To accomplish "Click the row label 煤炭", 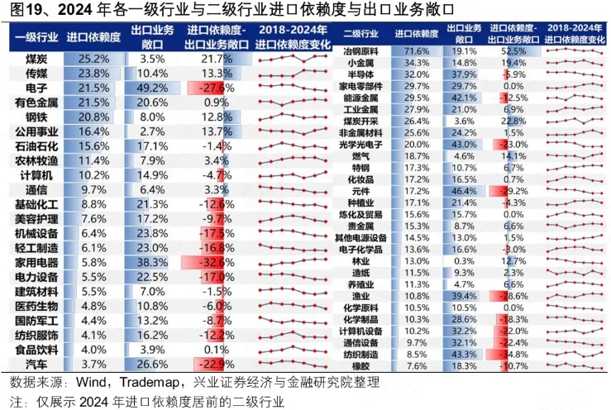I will pyautogui.click(x=36, y=60).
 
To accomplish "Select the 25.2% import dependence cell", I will pyautogui.click(x=93, y=60).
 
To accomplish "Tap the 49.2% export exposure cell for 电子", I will pyautogui.click(x=152, y=87).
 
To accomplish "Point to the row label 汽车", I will pyautogui.click(x=36, y=364).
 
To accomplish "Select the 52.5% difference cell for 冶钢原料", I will pyautogui.click(x=520, y=51).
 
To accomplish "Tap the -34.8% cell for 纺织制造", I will pyautogui.click(x=520, y=353).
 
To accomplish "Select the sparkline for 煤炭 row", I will pyautogui.click(x=292, y=60).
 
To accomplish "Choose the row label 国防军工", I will pyautogui.click(x=36, y=321).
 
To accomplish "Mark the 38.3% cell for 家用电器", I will pyautogui.click(x=152, y=260).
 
